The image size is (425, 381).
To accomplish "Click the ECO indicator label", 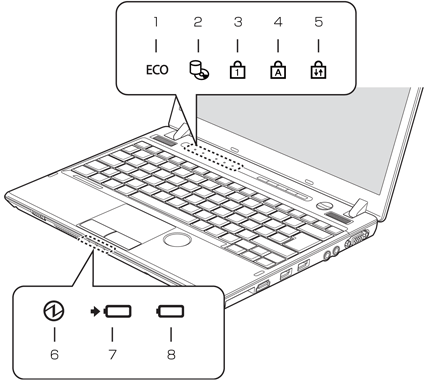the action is point(157,70).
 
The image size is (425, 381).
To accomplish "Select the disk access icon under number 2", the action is point(199,71).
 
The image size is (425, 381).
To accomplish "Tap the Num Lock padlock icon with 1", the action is point(238,70).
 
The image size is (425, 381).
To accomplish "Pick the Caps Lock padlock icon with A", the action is point(278,70).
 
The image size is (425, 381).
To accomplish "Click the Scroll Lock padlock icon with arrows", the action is point(318,70).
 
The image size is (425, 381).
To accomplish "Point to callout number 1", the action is point(156,22).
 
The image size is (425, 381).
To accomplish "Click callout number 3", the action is point(238,22).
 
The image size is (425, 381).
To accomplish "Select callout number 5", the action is point(319,22).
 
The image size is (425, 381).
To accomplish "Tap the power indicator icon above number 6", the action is point(54,311).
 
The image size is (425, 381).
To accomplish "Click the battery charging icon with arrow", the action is point(111,312).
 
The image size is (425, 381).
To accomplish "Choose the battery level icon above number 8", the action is point(170,312).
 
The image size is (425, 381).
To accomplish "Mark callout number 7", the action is point(113,354).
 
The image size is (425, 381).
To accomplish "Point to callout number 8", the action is point(171,354).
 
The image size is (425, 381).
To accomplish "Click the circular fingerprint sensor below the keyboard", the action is point(177,239).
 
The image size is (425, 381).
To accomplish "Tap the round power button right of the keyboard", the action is point(324,205).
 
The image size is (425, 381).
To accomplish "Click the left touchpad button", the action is point(98,227).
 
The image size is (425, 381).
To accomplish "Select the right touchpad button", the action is point(124,239).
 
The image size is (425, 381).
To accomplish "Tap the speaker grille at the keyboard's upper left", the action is point(164,140).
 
